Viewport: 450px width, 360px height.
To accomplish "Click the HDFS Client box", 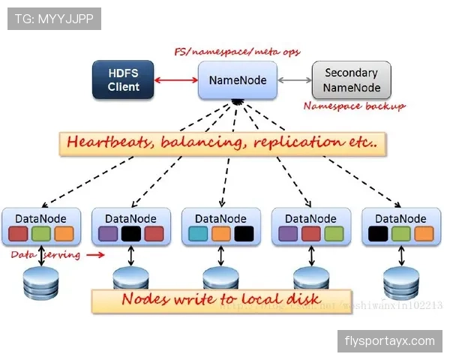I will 123,80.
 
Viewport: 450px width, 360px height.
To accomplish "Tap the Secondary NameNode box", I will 352,80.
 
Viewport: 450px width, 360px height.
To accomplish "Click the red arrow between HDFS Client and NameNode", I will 177,79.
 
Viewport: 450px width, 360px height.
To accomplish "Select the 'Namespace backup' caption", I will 354,106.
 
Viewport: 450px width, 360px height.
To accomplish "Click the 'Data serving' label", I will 45,255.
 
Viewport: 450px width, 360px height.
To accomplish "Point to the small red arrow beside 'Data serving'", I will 95,255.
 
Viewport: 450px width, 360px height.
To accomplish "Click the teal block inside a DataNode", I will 199,234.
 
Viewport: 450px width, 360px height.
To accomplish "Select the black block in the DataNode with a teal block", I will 244,234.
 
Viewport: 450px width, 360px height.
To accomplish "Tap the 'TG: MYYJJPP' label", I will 54,19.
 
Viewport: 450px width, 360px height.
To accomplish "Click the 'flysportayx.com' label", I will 389,341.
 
